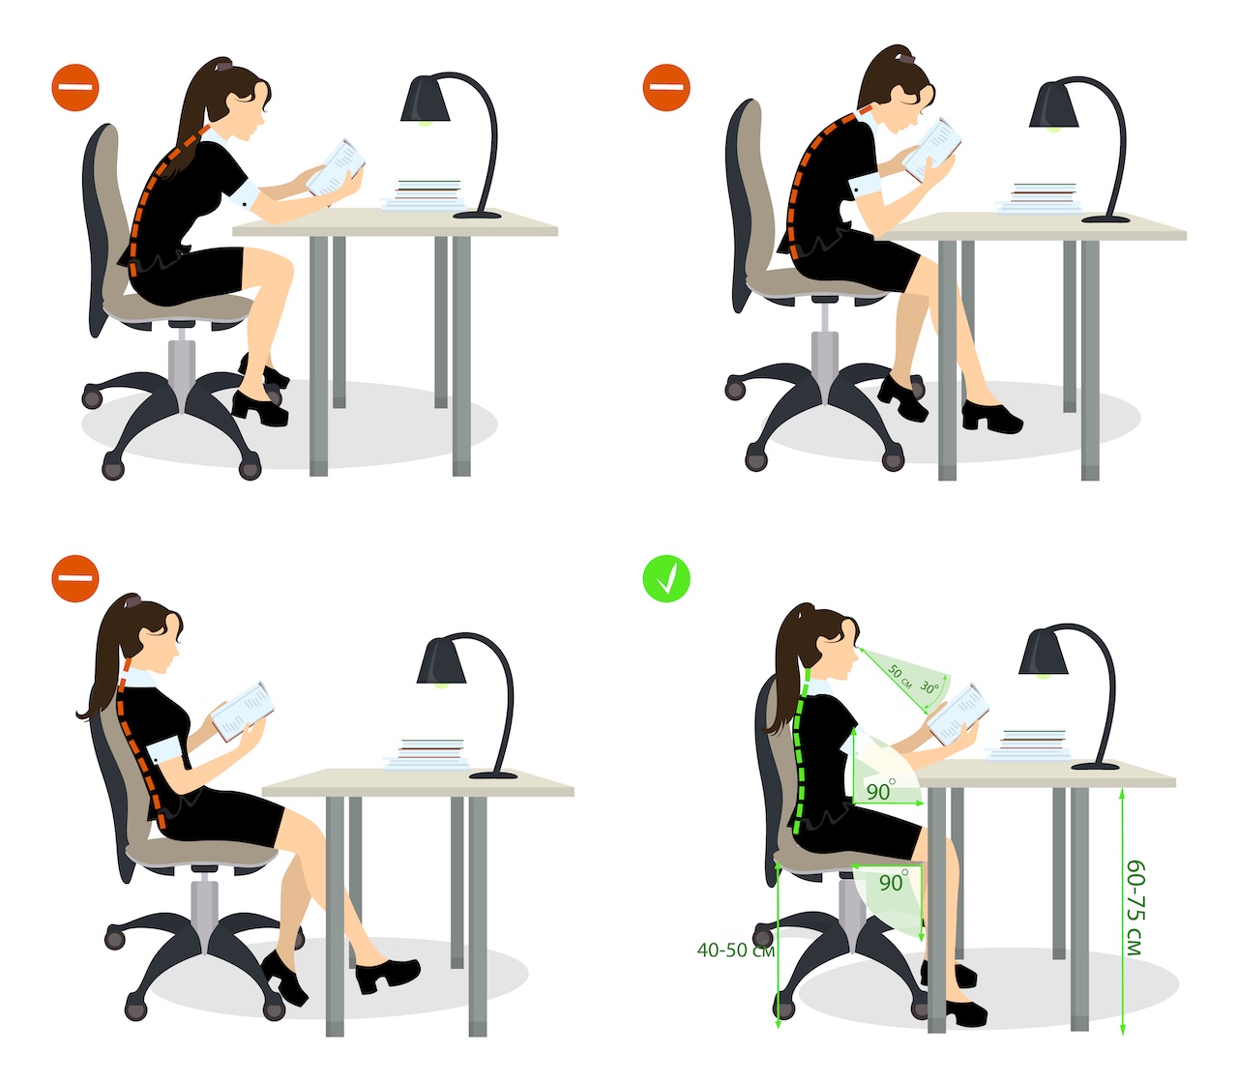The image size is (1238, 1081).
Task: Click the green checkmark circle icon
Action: pos(665,579)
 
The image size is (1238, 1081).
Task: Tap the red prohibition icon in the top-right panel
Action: pos(665,88)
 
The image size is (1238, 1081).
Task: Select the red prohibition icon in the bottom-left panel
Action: pos(75,579)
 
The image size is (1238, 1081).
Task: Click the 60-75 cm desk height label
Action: pos(1135,907)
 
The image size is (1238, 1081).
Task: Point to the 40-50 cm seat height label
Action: pos(736,950)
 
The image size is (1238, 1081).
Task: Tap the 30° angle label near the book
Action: pos(929,687)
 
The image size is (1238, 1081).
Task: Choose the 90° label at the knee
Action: pos(894,882)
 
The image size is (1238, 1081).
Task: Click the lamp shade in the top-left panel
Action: pos(425,99)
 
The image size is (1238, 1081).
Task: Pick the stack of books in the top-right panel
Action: pos(1038,198)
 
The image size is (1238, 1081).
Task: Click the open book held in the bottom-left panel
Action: pos(242,712)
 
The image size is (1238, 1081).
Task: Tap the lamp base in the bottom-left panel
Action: pos(493,774)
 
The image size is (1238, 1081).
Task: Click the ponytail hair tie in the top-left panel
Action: pos(222,64)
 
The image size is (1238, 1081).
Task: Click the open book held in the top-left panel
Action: pos(336,167)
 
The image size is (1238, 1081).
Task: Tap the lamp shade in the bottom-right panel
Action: pos(1044,652)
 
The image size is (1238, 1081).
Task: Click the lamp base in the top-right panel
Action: pos(1105,219)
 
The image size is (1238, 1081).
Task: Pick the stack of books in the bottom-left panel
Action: pos(427,754)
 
